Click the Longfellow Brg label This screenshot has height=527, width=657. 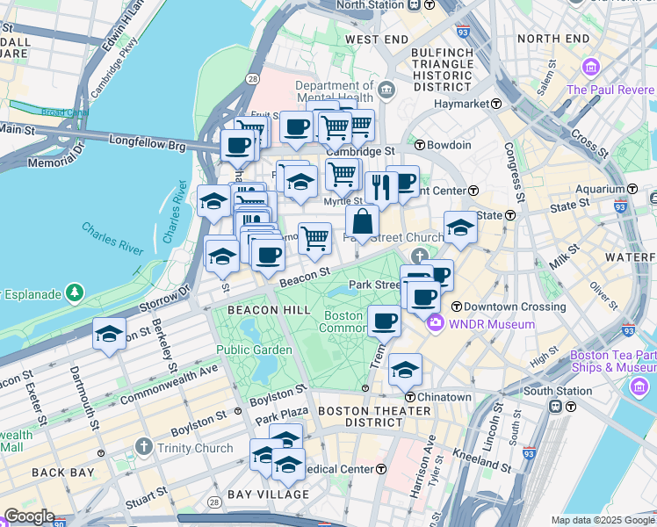148,140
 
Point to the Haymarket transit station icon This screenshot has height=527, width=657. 495,104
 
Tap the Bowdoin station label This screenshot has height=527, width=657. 450,145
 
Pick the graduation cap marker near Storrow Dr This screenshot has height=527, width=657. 109,334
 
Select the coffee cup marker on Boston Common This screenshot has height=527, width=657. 384,321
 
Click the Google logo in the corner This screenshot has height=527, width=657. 29,516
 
